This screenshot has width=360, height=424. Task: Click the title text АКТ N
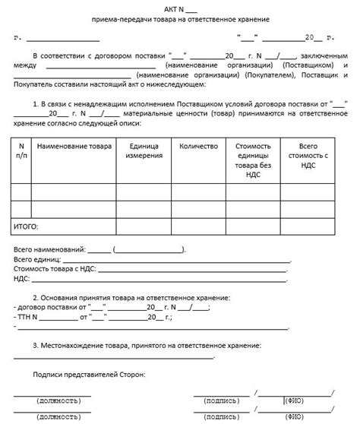click(x=175, y=8)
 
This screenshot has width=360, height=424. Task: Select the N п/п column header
click(x=21, y=149)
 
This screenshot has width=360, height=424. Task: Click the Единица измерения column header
click(x=145, y=150)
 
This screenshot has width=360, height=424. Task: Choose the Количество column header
click(x=199, y=144)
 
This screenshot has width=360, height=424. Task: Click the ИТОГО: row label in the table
click(x=27, y=226)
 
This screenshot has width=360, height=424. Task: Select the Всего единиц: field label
click(x=39, y=259)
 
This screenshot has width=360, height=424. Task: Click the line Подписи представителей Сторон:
click(x=90, y=375)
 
